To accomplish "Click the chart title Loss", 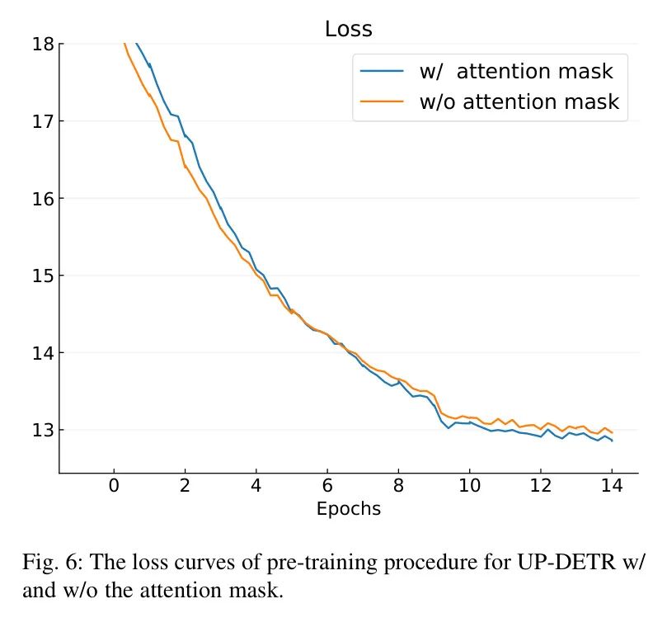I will [x=348, y=30].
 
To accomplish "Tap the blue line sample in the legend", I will [x=382, y=72].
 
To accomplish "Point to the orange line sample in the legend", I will [x=382, y=102].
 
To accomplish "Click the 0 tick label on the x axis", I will [x=114, y=485].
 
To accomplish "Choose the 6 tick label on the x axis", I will [x=327, y=485].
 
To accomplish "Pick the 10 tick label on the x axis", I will [x=469, y=485].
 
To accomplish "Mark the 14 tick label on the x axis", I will [x=612, y=485].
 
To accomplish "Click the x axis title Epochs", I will [x=349, y=509].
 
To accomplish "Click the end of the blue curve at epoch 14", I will [x=612, y=441].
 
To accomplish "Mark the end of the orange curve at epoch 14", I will [x=612, y=432].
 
